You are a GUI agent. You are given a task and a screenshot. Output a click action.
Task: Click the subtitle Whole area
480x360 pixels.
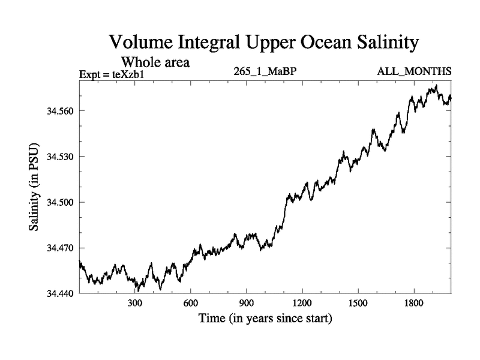pos(156,61)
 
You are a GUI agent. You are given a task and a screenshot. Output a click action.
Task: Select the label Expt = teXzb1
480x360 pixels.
pos(112,74)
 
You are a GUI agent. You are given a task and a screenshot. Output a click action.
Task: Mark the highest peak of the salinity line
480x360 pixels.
pos(436,86)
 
